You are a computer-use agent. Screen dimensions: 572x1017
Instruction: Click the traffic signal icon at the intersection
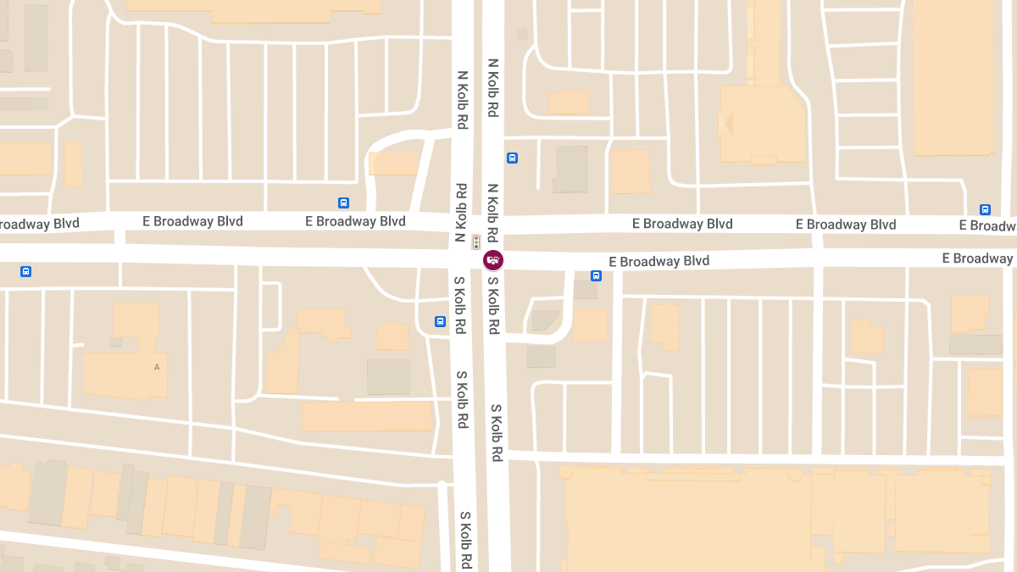point(476,241)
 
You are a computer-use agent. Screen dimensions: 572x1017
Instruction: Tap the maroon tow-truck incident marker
point(493,260)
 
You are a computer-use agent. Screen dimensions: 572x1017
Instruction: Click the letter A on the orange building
point(157,367)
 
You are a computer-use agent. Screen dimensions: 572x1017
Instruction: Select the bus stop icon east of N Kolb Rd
point(512,158)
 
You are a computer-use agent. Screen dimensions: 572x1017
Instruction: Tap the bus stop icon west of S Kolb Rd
point(440,321)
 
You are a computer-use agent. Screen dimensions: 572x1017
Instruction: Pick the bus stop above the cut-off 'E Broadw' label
point(985,209)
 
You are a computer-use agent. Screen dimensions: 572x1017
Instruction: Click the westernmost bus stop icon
point(26,271)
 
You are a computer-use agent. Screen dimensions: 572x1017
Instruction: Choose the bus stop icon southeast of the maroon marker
point(596,275)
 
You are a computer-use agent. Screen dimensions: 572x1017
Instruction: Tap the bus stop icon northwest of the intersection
point(343,203)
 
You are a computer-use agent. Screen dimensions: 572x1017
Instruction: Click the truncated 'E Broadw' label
point(987,225)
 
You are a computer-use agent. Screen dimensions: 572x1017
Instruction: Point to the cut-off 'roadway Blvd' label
point(39,224)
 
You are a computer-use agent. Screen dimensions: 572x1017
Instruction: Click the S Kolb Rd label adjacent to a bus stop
point(458,305)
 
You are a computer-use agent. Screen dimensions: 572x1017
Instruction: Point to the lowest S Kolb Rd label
point(465,540)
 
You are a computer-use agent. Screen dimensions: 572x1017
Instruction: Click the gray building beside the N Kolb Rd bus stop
point(570,169)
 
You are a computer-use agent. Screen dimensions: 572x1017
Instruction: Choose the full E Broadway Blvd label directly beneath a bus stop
point(355,221)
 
